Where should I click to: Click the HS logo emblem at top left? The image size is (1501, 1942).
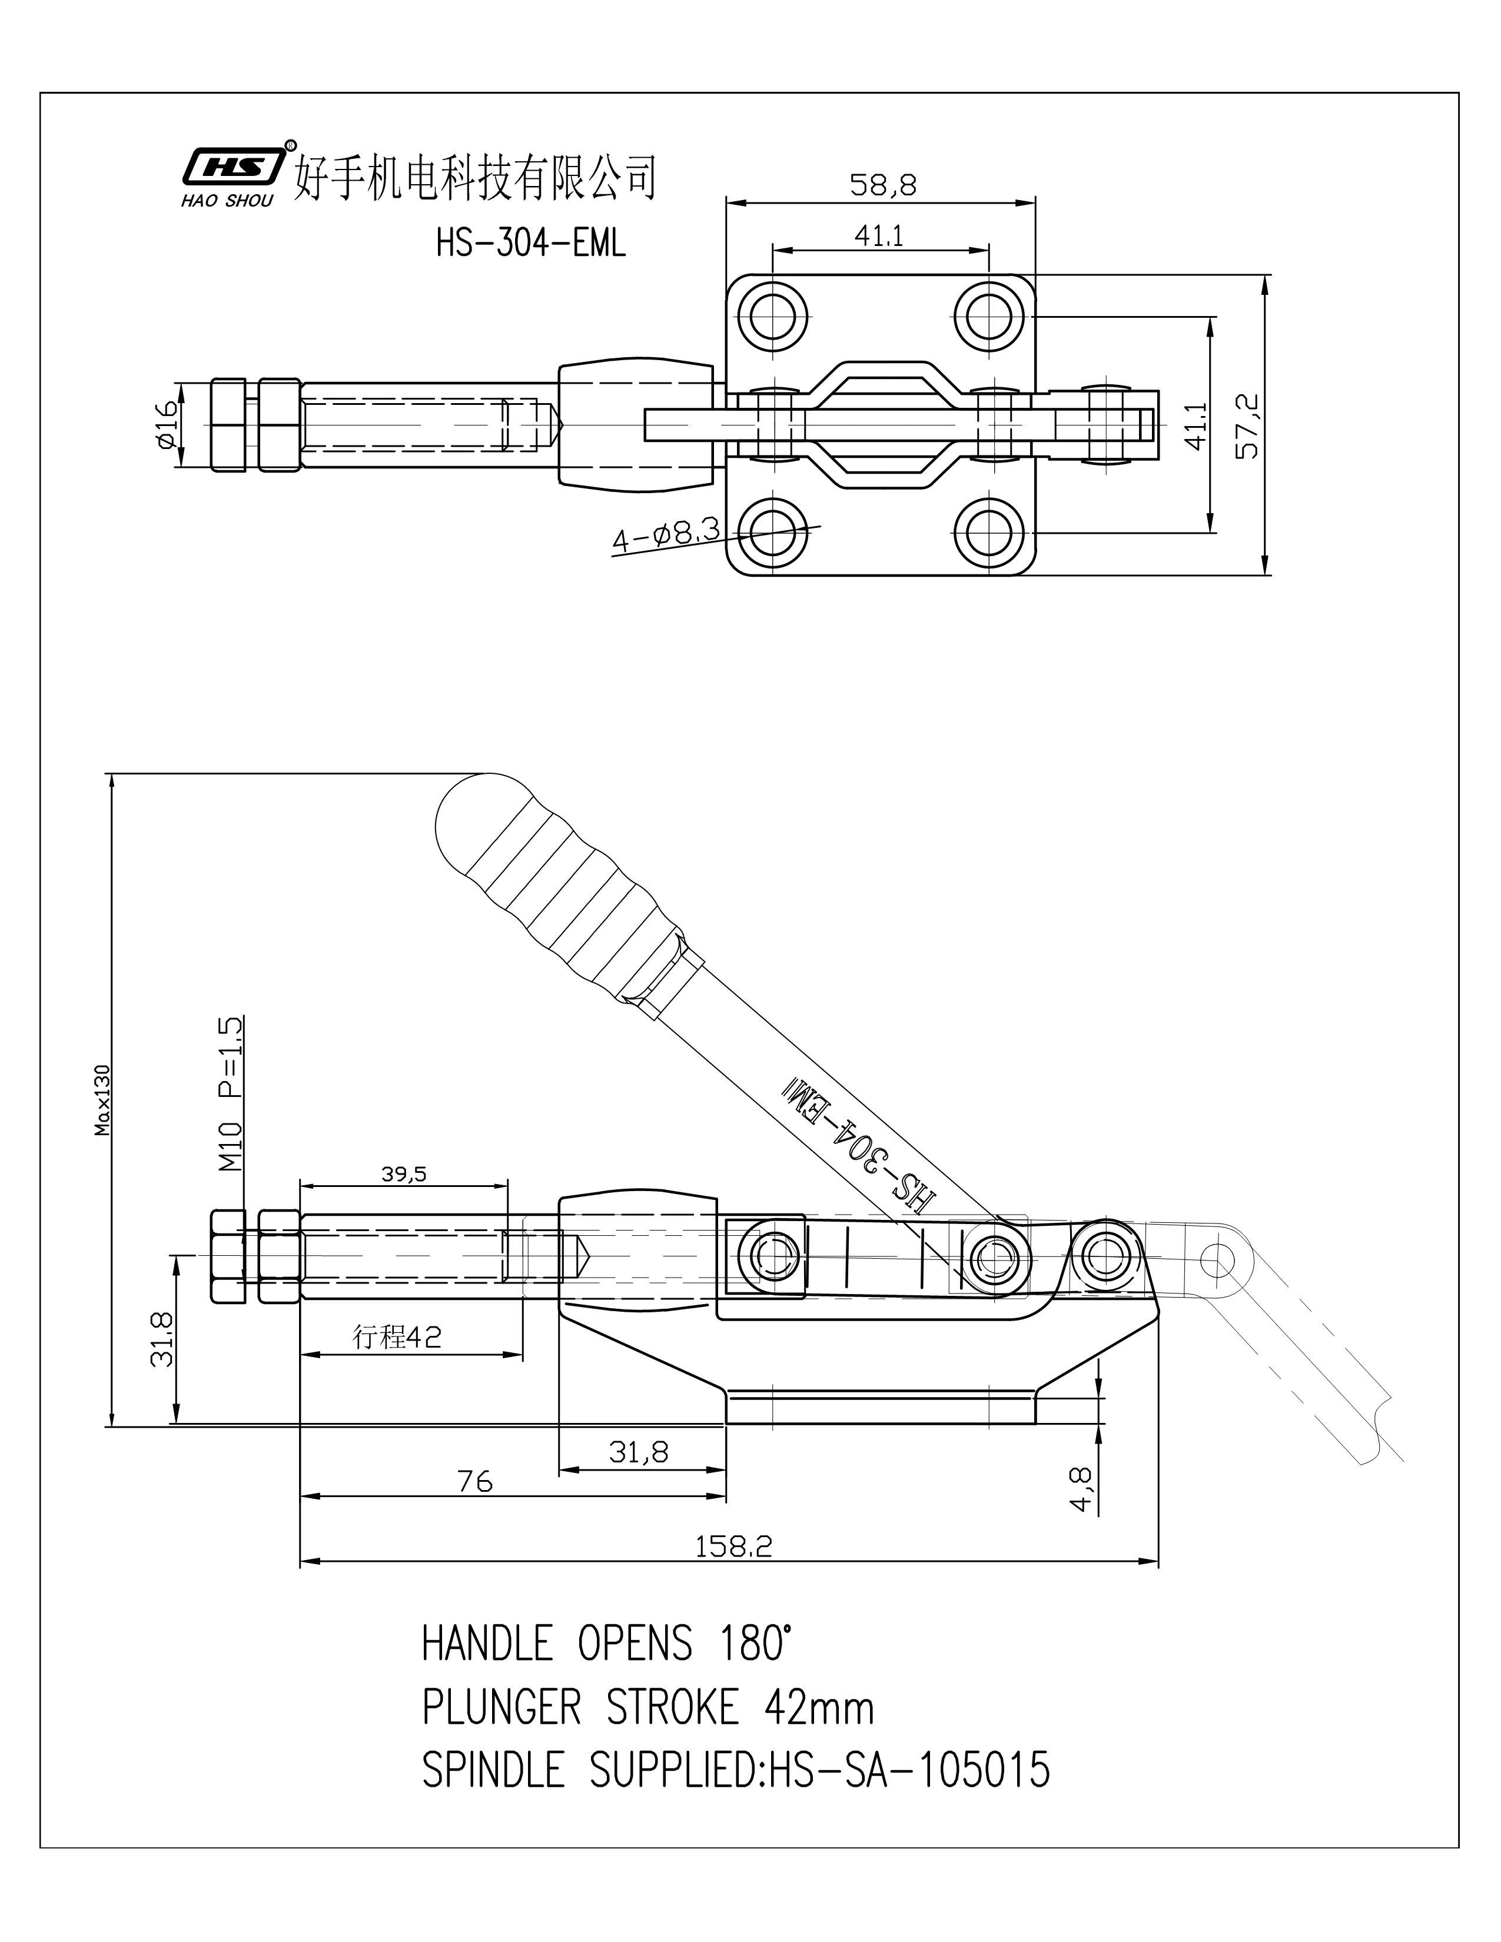click(x=233, y=165)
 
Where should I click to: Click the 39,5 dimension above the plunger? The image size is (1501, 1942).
click(x=404, y=1175)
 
